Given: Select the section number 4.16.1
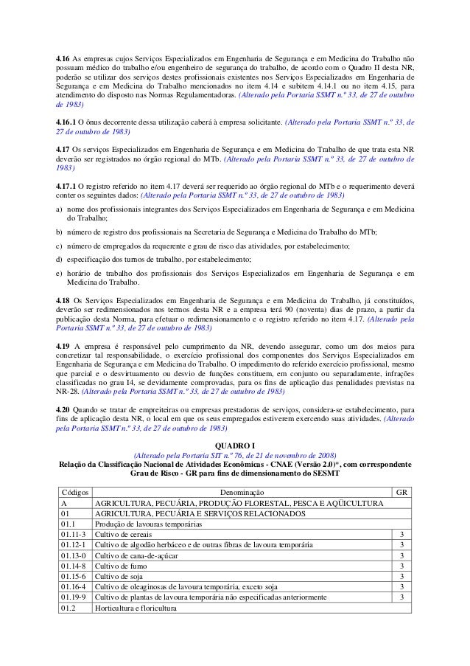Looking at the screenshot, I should pyautogui.click(x=67, y=121).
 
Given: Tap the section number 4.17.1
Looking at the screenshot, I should pyautogui.click(x=67, y=187).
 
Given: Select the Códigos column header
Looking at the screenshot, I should pyautogui.click(x=74, y=491).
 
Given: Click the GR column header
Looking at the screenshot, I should pyautogui.click(x=401, y=491).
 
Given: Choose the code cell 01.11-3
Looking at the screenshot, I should pyautogui.click(x=74, y=535).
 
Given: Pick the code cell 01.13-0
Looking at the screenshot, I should pyautogui.click(x=74, y=555).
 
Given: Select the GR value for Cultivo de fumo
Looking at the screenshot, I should pyautogui.click(x=401, y=566).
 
